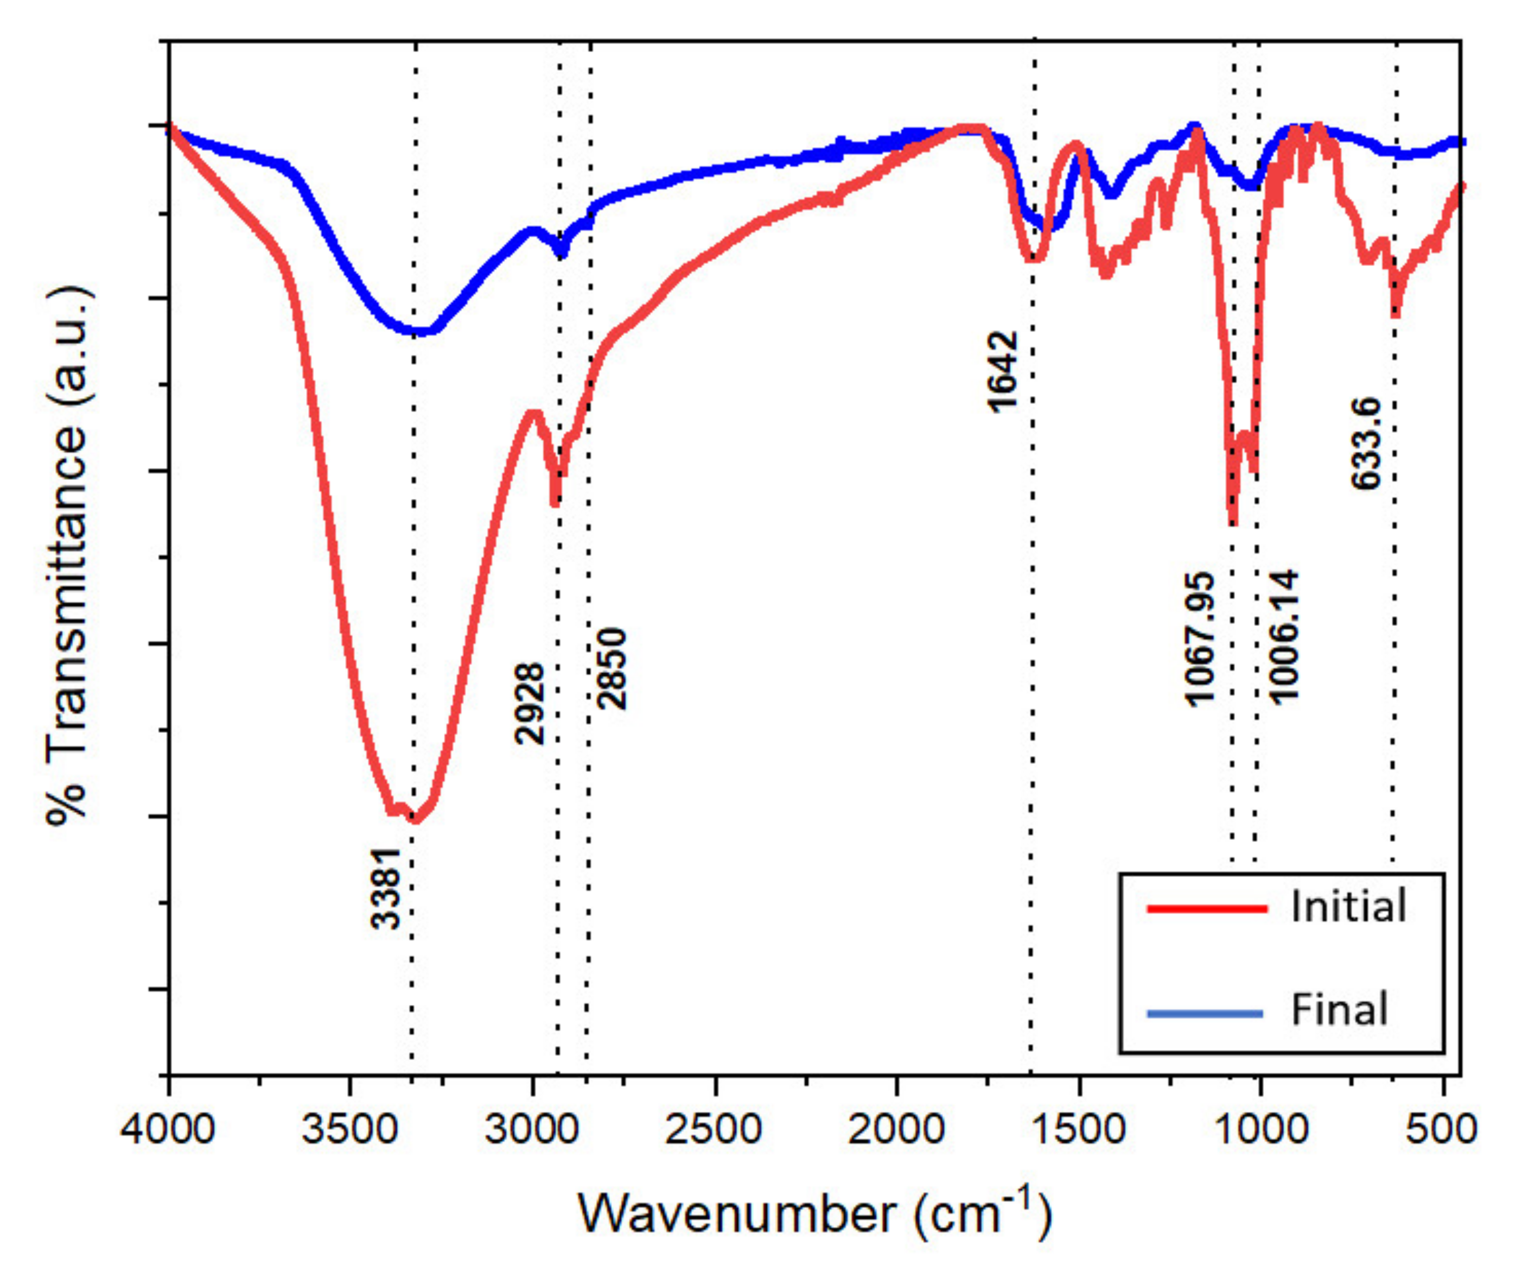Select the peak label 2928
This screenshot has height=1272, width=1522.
[x=529, y=704]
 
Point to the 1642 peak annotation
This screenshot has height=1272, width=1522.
[x=1003, y=371]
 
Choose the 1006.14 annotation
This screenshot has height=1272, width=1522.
[x=1284, y=637]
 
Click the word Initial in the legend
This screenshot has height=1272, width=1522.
[x=1348, y=907]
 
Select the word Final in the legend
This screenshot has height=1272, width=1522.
[x=1339, y=1009]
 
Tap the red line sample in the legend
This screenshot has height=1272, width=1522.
[x=1207, y=908]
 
